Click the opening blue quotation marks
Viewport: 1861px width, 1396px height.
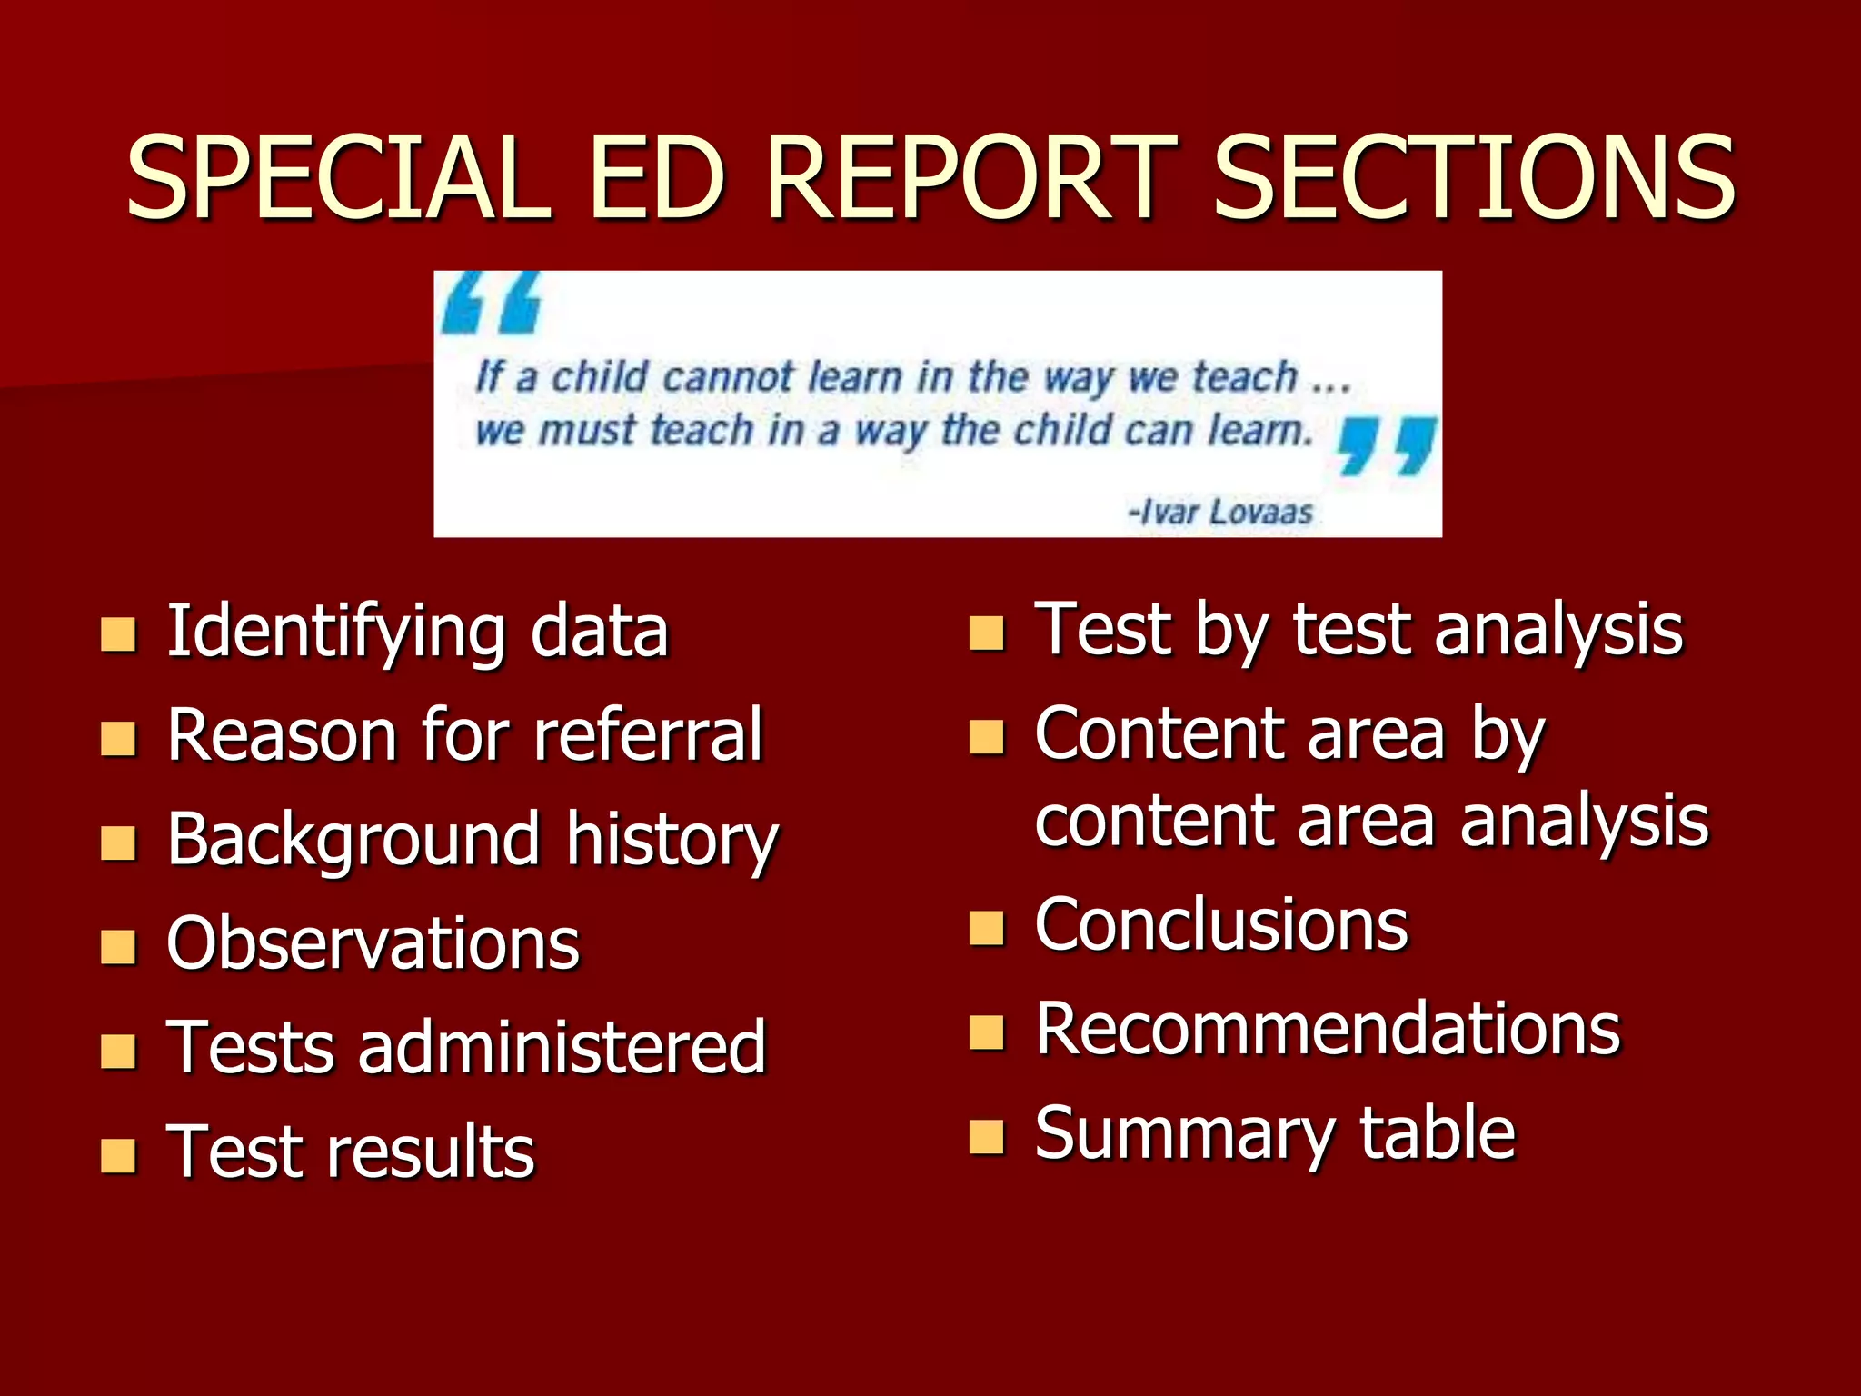pyautogui.click(x=491, y=303)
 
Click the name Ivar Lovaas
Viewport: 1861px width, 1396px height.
pyautogui.click(x=1221, y=512)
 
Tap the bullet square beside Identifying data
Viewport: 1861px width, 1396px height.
pyautogui.click(x=118, y=635)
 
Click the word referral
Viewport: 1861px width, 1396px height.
pyautogui.click(x=648, y=734)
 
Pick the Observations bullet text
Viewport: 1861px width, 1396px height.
pyautogui.click(x=373, y=943)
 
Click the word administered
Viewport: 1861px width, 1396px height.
pyautogui.click(x=562, y=1047)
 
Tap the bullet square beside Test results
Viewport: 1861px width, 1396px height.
pyautogui.click(x=118, y=1156)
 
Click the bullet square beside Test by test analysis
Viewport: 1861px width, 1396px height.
pyautogui.click(x=987, y=633)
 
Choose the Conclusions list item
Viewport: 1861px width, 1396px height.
pyautogui.click(x=1221, y=925)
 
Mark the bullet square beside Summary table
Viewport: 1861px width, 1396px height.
pyautogui.click(x=987, y=1136)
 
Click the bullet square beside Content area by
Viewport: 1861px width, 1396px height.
pyautogui.click(x=987, y=738)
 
